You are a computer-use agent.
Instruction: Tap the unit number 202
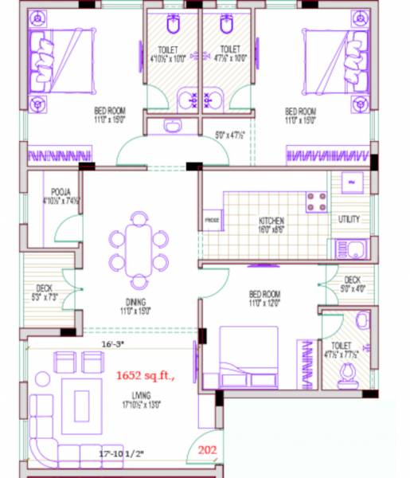click(207, 449)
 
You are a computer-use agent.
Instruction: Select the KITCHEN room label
click(271, 221)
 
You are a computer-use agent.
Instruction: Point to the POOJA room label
click(61, 193)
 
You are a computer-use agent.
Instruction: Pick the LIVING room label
click(143, 394)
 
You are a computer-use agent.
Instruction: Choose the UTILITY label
click(349, 219)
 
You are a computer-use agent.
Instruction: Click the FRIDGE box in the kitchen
click(212, 221)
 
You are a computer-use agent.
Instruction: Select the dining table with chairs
click(139, 250)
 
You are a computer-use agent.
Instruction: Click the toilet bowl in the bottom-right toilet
click(348, 374)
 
